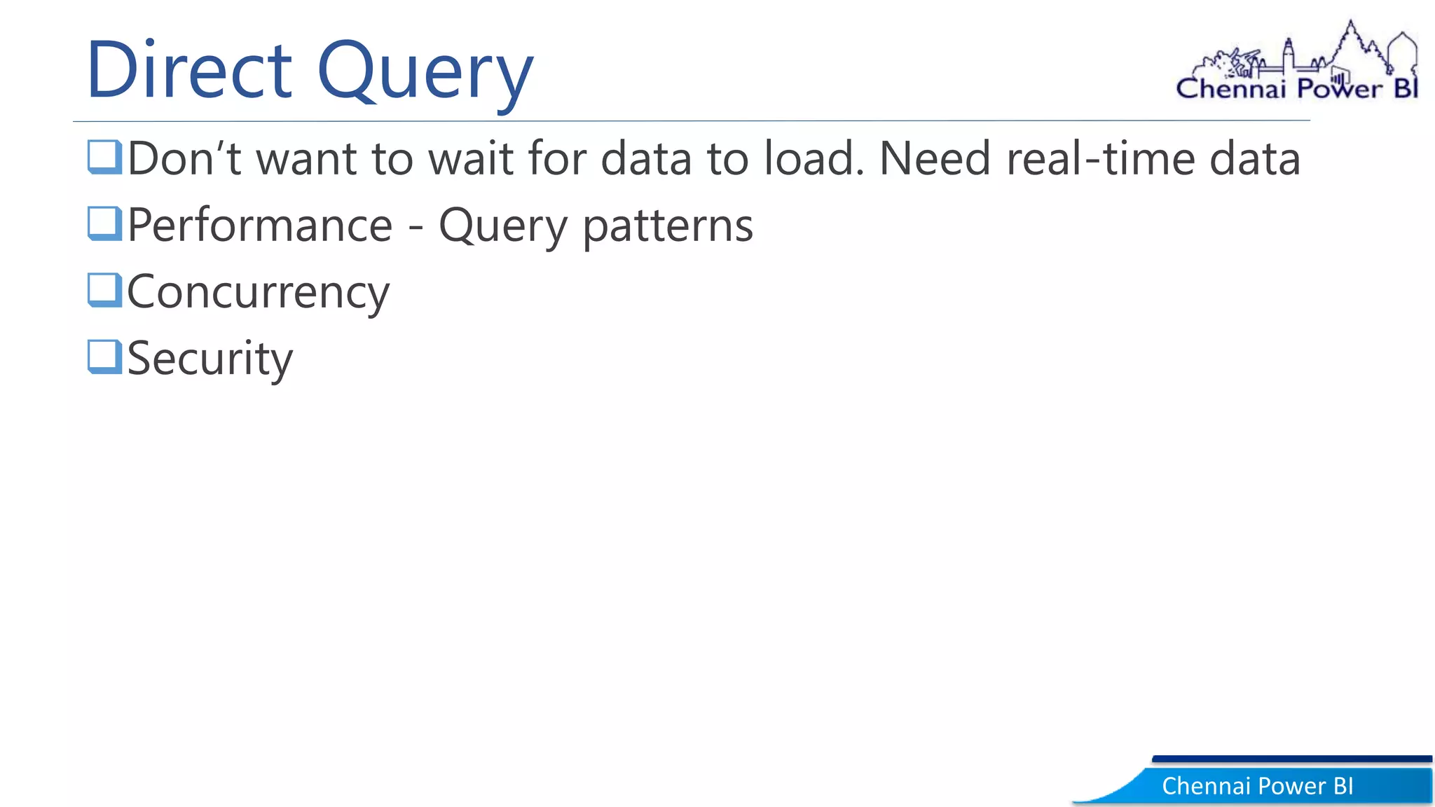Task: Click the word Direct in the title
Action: coord(189,70)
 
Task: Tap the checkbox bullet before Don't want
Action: coord(104,156)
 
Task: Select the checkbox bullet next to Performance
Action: coord(104,223)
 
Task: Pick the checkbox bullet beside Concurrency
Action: coord(104,290)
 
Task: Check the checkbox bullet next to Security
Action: coord(104,357)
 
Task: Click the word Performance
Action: coord(260,226)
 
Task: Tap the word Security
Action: coord(210,359)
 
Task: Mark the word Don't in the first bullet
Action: coord(184,158)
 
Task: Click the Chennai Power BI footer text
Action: coord(1257,786)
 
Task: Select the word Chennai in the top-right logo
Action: coord(1230,89)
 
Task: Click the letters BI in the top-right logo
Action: coord(1405,89)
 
